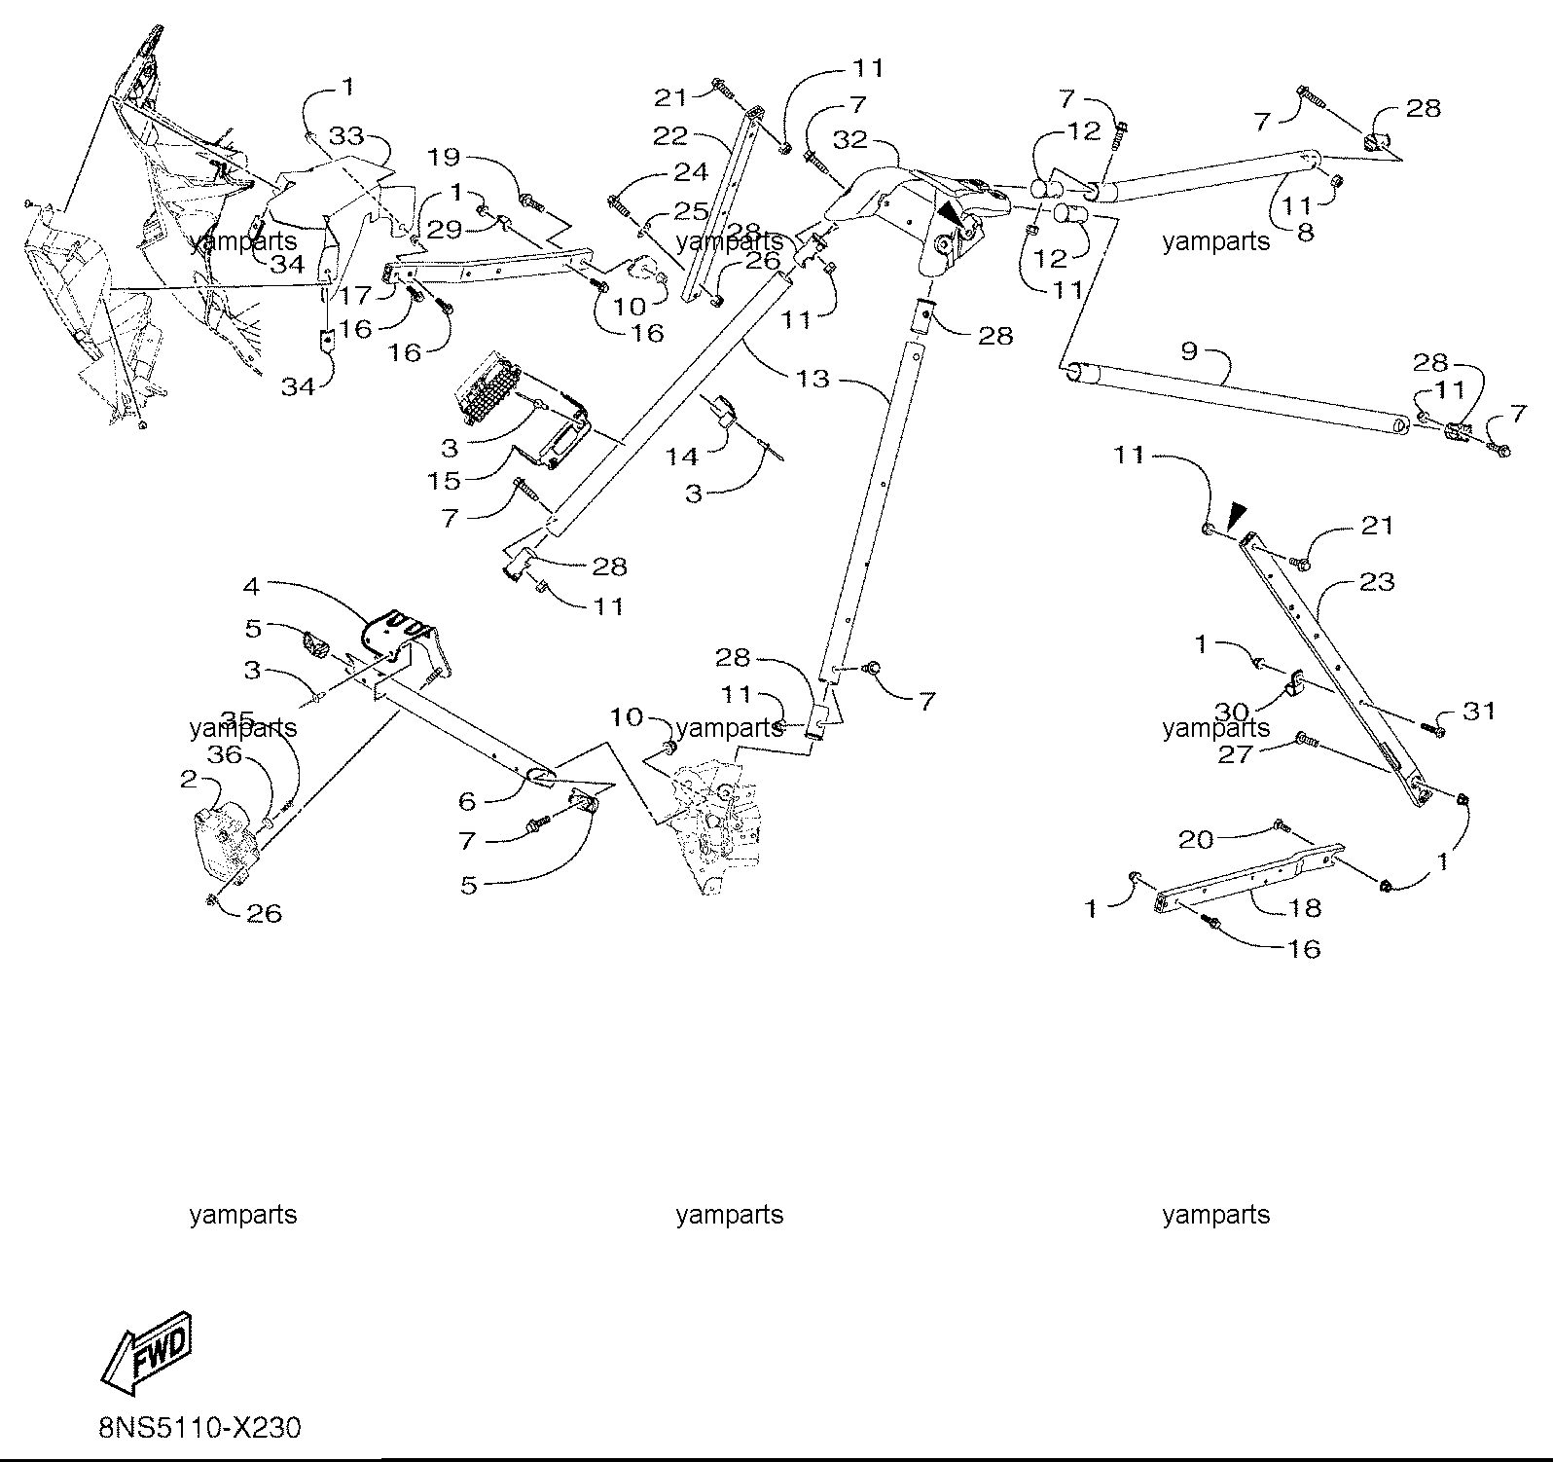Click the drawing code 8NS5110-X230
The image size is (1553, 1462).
[x=199, y=1428]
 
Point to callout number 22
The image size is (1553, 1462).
[x=670, y=136]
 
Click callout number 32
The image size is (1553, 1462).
[x=849, y=139]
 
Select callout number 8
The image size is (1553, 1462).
[x=1305, y=233]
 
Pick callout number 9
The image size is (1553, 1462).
[x=1188, y=350]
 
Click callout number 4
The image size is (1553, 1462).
[x=251, y=586]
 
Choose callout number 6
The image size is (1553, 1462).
[x=467, y=801]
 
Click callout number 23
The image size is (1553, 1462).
[x=1377, y=582]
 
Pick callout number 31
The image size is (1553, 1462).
[x=1479, y=712]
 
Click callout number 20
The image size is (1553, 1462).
[x=1196, y=839]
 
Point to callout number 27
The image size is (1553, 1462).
[x=1235, y=754]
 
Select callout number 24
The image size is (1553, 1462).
[x=690, y=172]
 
